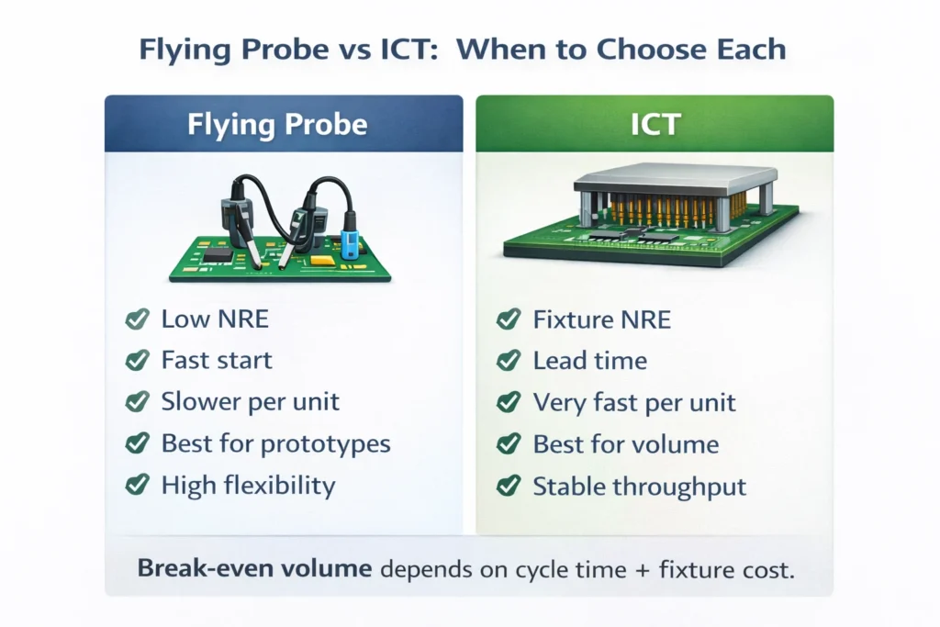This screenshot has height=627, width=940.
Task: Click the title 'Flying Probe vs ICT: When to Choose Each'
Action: pos(463,49)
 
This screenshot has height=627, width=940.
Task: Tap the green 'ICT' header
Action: pos(655,124)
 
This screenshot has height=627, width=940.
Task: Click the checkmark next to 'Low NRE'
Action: pos(137,319)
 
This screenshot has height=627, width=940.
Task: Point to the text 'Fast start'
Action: pos(217,361)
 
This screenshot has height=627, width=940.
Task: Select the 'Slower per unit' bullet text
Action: pos(250,402)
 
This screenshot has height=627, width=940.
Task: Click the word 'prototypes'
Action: pos(326,444)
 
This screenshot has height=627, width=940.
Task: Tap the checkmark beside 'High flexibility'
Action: pos(137,486)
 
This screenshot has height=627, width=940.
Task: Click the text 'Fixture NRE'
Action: pos(601,319)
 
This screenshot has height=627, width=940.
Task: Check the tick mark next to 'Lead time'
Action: pos(509,361)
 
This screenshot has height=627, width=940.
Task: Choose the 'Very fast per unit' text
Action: pos(634,402)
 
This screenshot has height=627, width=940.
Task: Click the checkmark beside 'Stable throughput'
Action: pos(509,486)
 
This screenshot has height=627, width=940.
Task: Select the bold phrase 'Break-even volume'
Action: pos(254,569)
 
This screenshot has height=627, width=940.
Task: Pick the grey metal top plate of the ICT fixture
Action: pos(675,174)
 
